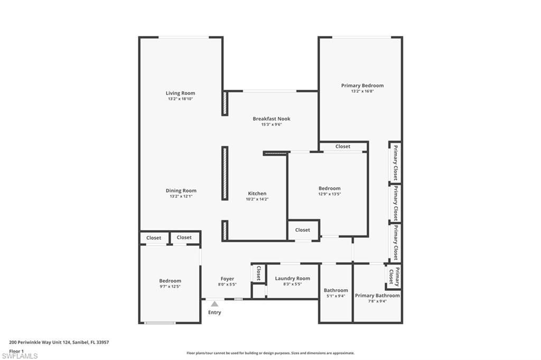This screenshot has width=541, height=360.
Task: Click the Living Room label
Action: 180,93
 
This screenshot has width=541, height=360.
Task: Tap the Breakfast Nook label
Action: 271,119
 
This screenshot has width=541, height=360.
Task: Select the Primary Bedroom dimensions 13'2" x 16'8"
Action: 362,91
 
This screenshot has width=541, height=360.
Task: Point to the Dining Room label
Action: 181,191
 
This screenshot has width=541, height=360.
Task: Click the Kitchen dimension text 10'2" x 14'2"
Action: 257,199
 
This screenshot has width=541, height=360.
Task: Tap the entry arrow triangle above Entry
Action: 214,304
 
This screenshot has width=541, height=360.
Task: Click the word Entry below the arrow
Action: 214,312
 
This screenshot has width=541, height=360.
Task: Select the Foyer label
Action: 227,279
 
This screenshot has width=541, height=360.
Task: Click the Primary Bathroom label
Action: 377,296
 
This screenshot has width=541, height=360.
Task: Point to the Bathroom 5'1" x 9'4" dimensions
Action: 335,296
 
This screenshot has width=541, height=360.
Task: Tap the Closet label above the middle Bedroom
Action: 342,146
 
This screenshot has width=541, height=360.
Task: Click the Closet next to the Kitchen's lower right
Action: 303,230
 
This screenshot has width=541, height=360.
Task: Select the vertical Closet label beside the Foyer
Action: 258,273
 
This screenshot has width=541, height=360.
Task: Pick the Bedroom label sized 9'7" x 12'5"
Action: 170,281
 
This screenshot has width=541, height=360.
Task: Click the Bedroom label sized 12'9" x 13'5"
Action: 329,188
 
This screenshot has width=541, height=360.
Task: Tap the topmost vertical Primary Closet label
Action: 395,162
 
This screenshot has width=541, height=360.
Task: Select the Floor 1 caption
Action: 16,350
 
